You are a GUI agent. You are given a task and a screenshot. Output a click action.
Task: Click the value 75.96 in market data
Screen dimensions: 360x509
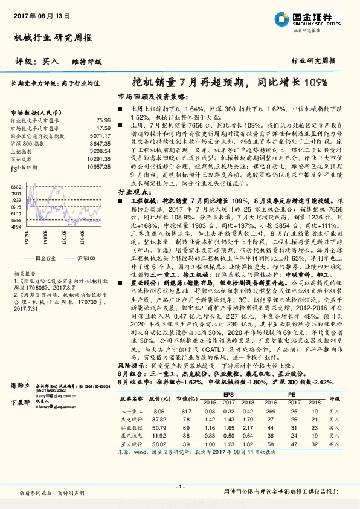tap(103, 121)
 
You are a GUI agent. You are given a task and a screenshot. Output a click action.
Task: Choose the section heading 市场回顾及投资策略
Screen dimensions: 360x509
tap(148, 97)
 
